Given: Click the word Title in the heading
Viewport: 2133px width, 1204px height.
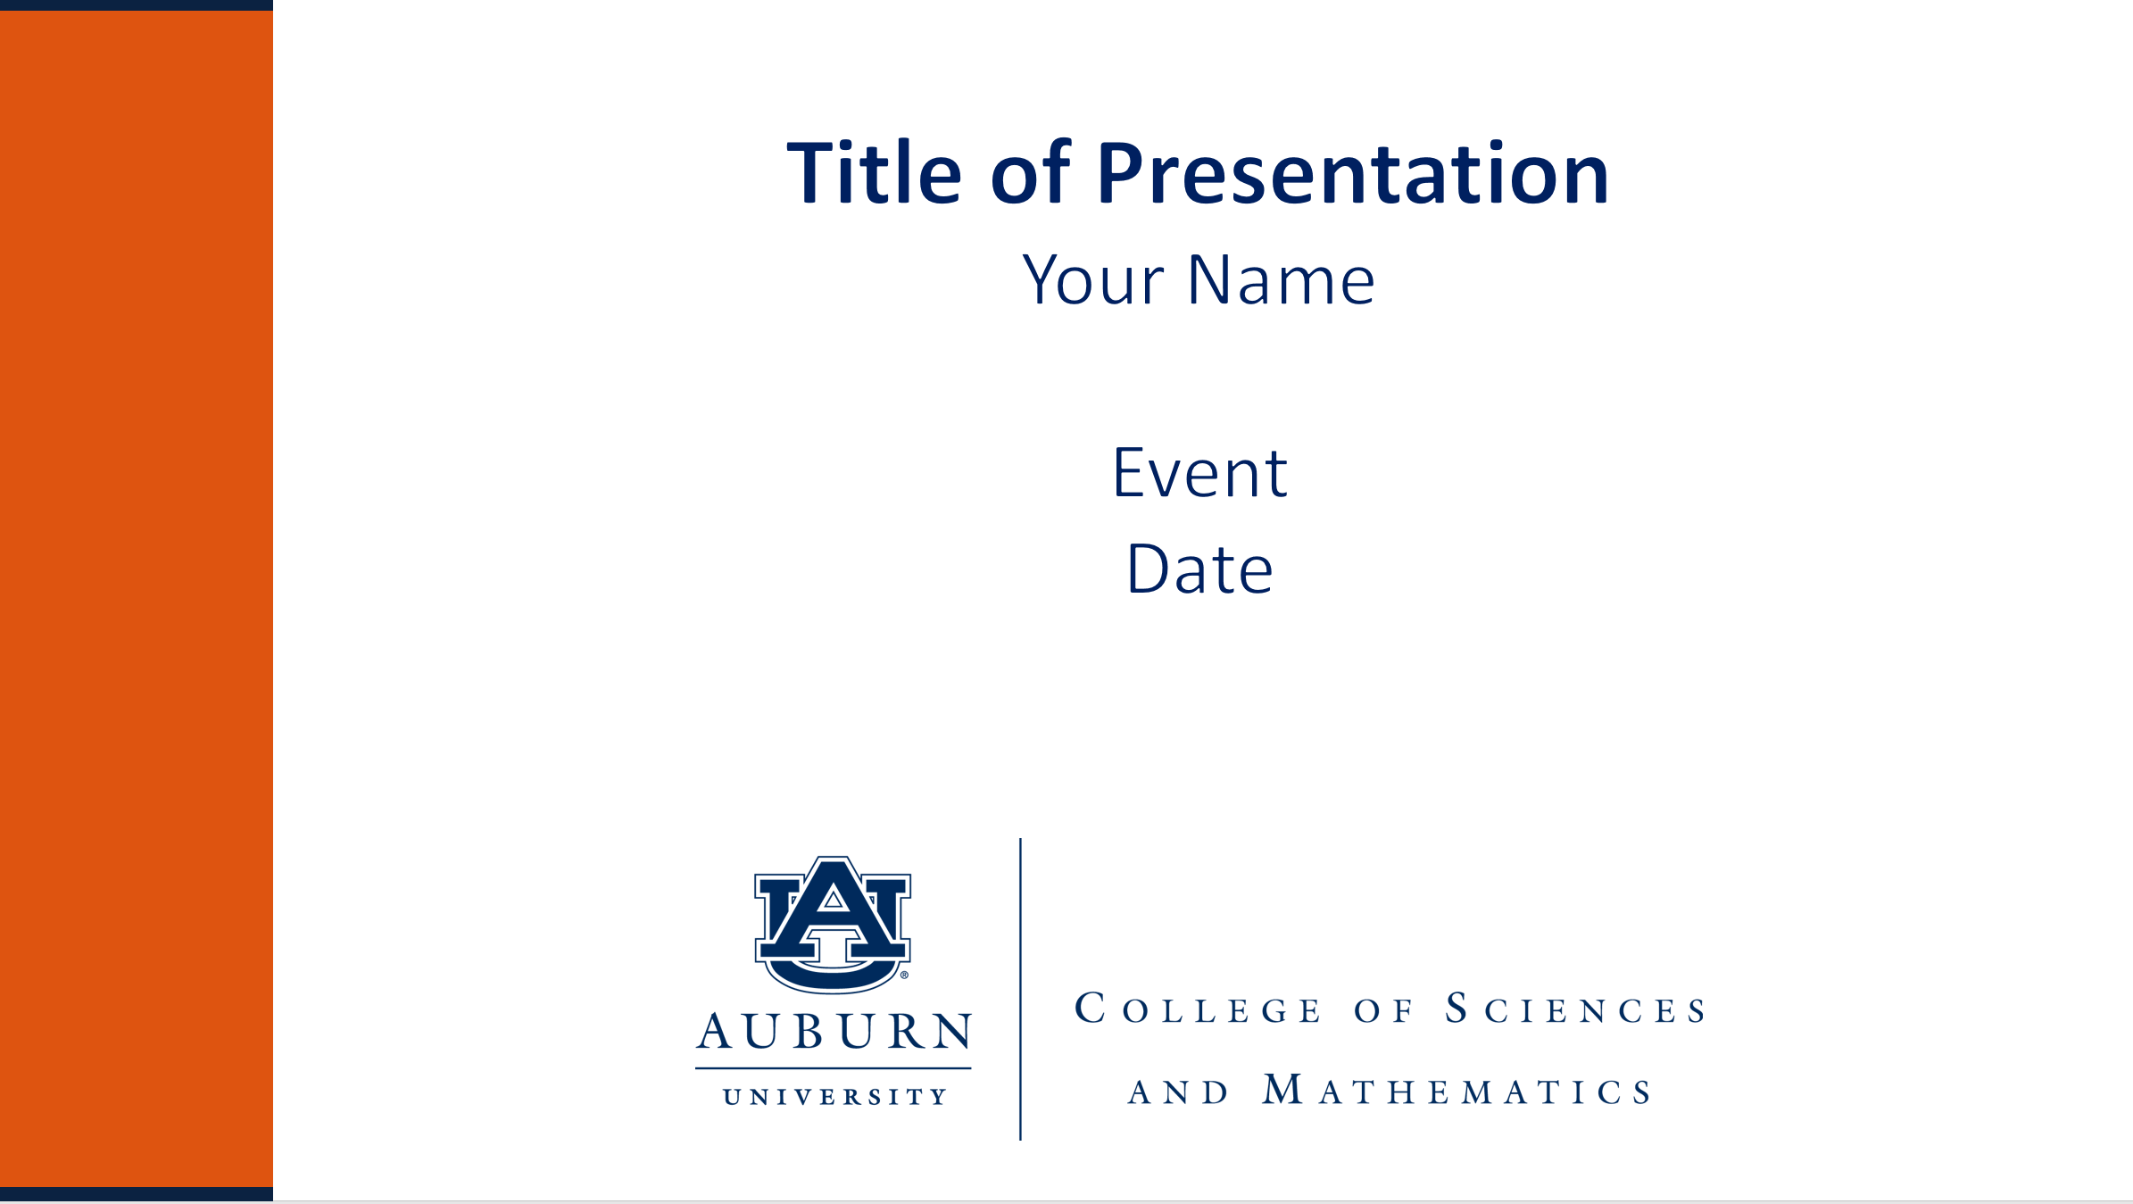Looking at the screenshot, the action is click(x=875, y=173).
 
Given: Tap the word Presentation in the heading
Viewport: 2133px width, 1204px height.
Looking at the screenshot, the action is click(x=1353, y=174).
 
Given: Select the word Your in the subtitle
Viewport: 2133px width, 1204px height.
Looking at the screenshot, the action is click(x=1093, y=280).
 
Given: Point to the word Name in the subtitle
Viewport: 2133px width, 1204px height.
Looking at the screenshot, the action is click(x=1282, y=280).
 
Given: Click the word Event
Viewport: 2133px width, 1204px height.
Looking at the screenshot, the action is click(x=1199, y=473).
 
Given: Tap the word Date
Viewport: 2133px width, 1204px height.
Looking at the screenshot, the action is click(x=1199, y=569).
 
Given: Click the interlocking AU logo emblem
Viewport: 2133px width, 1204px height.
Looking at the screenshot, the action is click(x=833, y=925).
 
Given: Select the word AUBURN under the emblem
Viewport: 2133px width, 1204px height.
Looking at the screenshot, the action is click(x=834, y=1032).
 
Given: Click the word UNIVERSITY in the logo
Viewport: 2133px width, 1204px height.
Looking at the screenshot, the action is click(x=834, y=1097).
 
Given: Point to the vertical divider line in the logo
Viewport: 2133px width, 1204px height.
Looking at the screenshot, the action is click(x=1020, y=989).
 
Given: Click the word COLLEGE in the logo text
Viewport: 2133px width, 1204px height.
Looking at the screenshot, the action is click(x=1198, y=1009).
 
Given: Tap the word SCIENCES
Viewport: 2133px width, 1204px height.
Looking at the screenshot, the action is click(x=1576, y=1009).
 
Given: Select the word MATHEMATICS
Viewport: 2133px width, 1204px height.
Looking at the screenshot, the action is click(x=1457, y=1091).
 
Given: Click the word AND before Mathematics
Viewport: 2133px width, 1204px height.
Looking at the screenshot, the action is click(x=1178, y=1092).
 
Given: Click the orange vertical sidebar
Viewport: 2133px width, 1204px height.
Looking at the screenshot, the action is click(x=137, y=599).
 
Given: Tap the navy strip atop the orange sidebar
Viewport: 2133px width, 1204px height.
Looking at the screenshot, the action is click(x=137, y=5).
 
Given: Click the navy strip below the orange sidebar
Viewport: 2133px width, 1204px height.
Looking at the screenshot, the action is click(x=137, y=1194).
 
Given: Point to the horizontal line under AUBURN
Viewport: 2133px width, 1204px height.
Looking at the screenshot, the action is click(x=834, y=1068).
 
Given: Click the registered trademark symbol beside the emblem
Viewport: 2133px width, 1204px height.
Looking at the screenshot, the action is click(x=904, y=976).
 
